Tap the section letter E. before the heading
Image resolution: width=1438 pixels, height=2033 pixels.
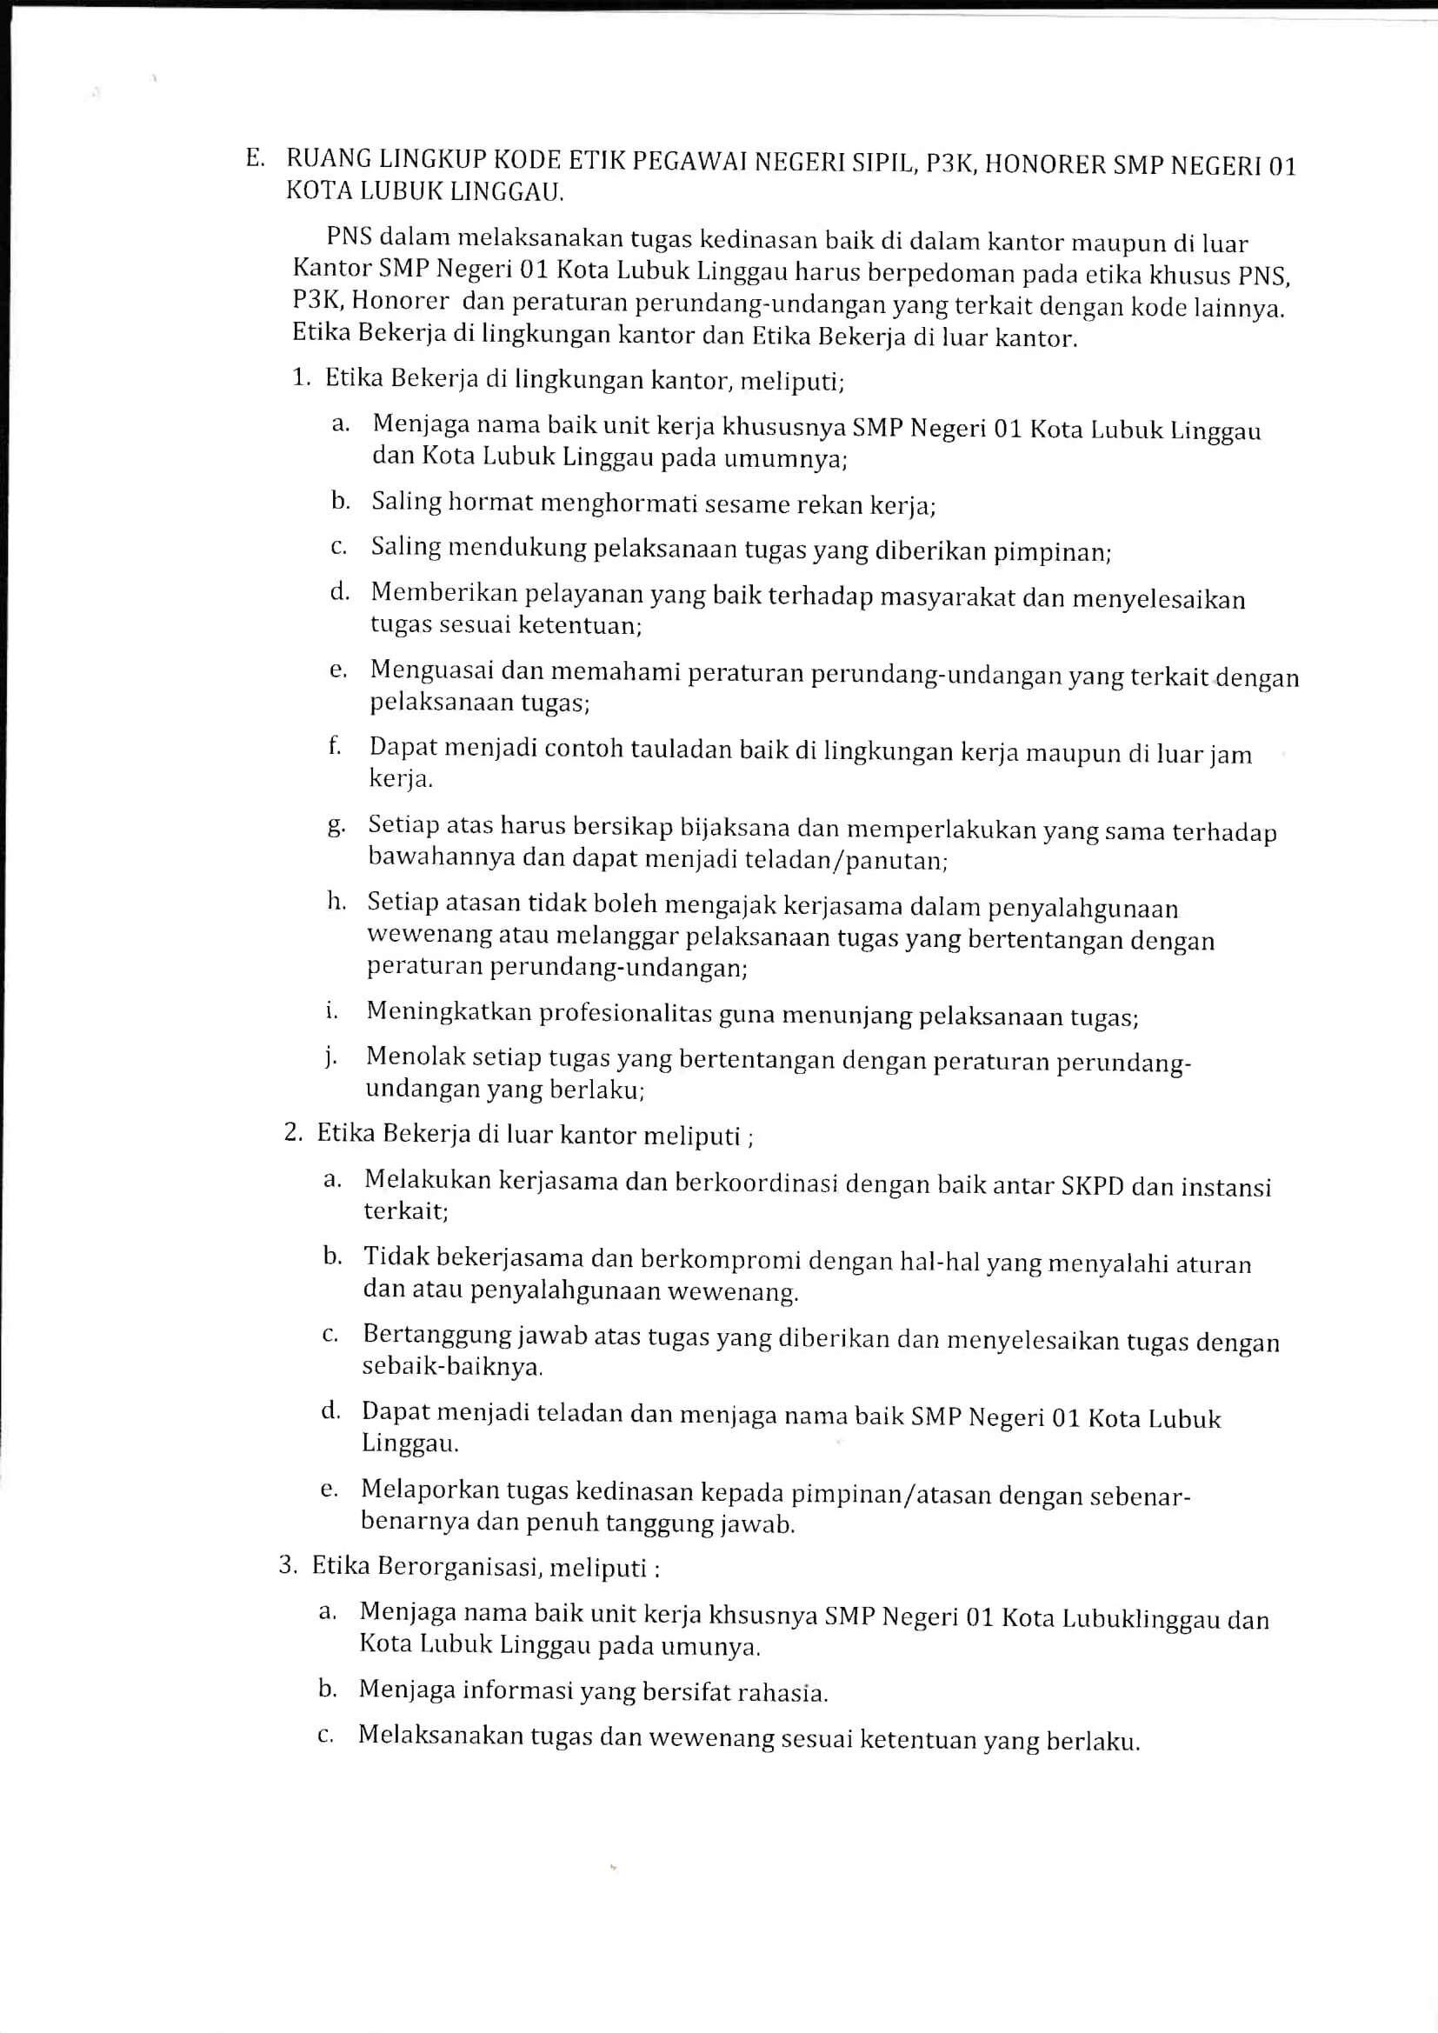click(x=256, y=158)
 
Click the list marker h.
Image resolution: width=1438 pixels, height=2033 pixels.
click(x=336, y=903)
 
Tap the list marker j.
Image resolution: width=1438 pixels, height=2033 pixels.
click(x=330, y=1057)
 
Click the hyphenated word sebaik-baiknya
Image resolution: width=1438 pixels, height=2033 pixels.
click(x=451, y=1366)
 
